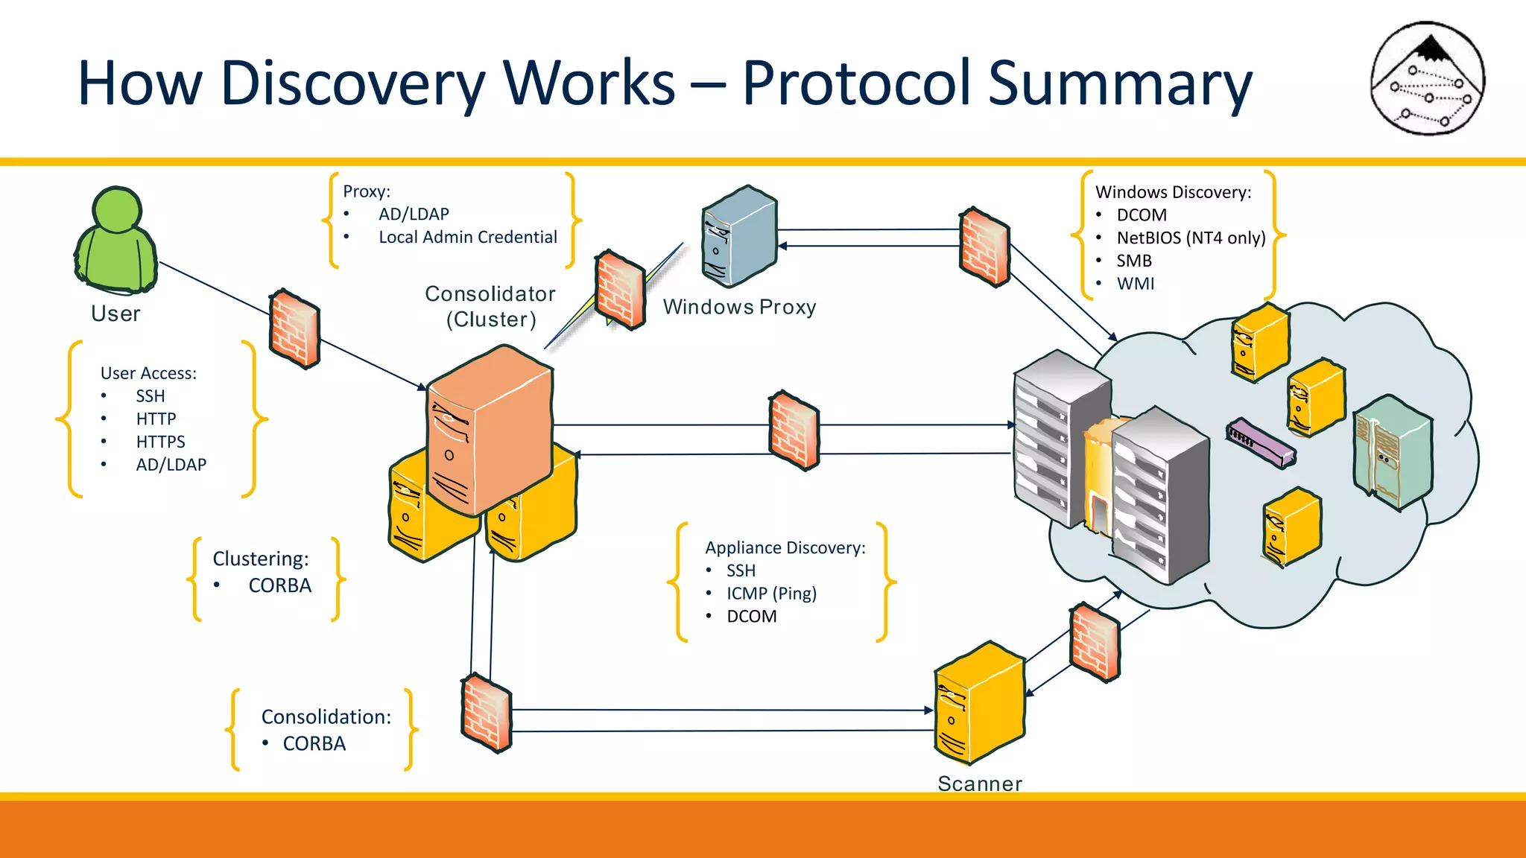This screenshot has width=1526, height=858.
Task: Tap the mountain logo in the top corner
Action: [x=1428, y=78]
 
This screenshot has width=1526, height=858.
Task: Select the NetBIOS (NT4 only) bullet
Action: [x=1190, y=238]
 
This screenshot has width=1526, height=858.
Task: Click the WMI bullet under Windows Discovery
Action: [x=1135, y=284]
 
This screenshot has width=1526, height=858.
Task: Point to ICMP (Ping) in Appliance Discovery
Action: [x=771, y=594]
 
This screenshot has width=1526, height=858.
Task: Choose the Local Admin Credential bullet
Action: [x=467, y=238]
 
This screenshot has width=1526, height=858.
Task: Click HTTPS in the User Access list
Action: [x=160, y=442]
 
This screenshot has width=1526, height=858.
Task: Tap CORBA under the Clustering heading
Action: [x=279, y=585]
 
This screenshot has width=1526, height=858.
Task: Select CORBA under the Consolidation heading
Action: [x=314, y=743]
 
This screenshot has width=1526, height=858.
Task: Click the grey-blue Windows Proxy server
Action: [x=738, y=237]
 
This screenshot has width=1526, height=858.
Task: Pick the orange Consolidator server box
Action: [x=489, y=430]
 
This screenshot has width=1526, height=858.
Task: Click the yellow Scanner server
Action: [x=979, y=703]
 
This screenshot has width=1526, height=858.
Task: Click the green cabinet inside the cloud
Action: [x=1392, y=453]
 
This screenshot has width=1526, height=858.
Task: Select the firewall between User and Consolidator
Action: [x=294, y=328]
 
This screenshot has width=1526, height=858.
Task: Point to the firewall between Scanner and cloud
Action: [x=1094, y=642]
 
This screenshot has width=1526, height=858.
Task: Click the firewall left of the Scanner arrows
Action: [x=486, y=714]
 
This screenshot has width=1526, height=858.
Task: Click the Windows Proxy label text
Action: [x=739, y=307]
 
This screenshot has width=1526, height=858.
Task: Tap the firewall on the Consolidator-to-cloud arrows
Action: [x=794, y=430]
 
